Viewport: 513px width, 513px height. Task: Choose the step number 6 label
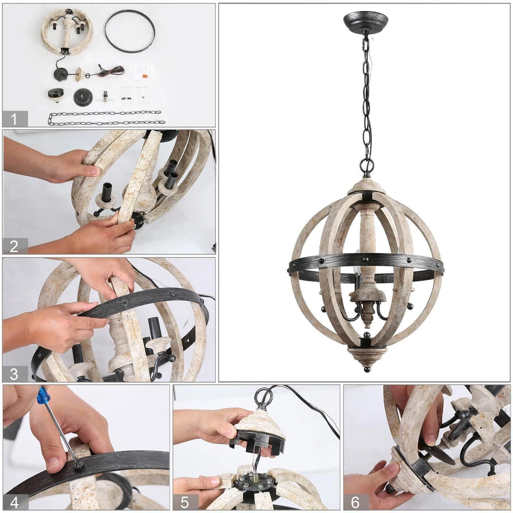[x=356, y=502]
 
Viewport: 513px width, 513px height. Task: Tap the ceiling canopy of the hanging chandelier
[x=366, y=21]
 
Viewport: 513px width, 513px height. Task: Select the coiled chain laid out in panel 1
[x=107, y=118]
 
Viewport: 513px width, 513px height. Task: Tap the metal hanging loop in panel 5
[x=264, y=397]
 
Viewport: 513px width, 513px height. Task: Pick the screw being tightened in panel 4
[x=79, y=464]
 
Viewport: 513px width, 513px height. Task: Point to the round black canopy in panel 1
[x=83, y=97]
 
